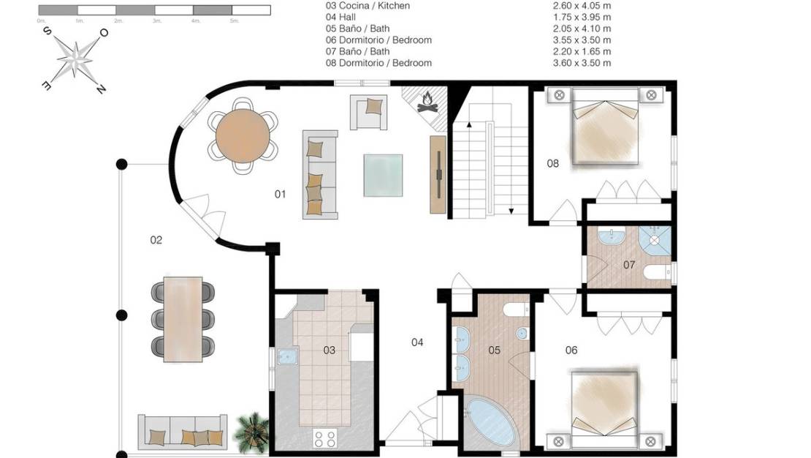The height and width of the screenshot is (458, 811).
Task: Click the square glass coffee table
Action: pyautogui.click(x=383, y=175)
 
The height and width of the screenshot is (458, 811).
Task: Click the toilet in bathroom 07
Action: pyautogui.click(x=657, y=274)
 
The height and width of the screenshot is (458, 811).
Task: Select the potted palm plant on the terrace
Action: pyautogui.click(x=251, y=432)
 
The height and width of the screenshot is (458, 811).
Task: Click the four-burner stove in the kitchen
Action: pyautogui.click(x=324, y=438)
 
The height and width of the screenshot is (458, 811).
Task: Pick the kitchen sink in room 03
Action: pyautogui.click(x=285, y=357)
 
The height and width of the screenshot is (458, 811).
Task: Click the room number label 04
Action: pyautogui.click(x=417, y=342)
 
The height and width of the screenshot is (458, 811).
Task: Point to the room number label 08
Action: pyautogui.click(x=553, y=163)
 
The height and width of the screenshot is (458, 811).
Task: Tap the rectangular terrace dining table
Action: pyautogui.click(x=183, y=319)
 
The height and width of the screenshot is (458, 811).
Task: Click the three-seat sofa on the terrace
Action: pyautogui.click(x=183, y=433)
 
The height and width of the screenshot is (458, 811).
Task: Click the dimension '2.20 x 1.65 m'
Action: pyautogui.click(x=582, y=51)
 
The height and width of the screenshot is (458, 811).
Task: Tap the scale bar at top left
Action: pyautogui.click(x=154, y=10)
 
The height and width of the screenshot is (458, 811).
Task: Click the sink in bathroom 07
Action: pyautogui.click(x=609, y=238)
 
